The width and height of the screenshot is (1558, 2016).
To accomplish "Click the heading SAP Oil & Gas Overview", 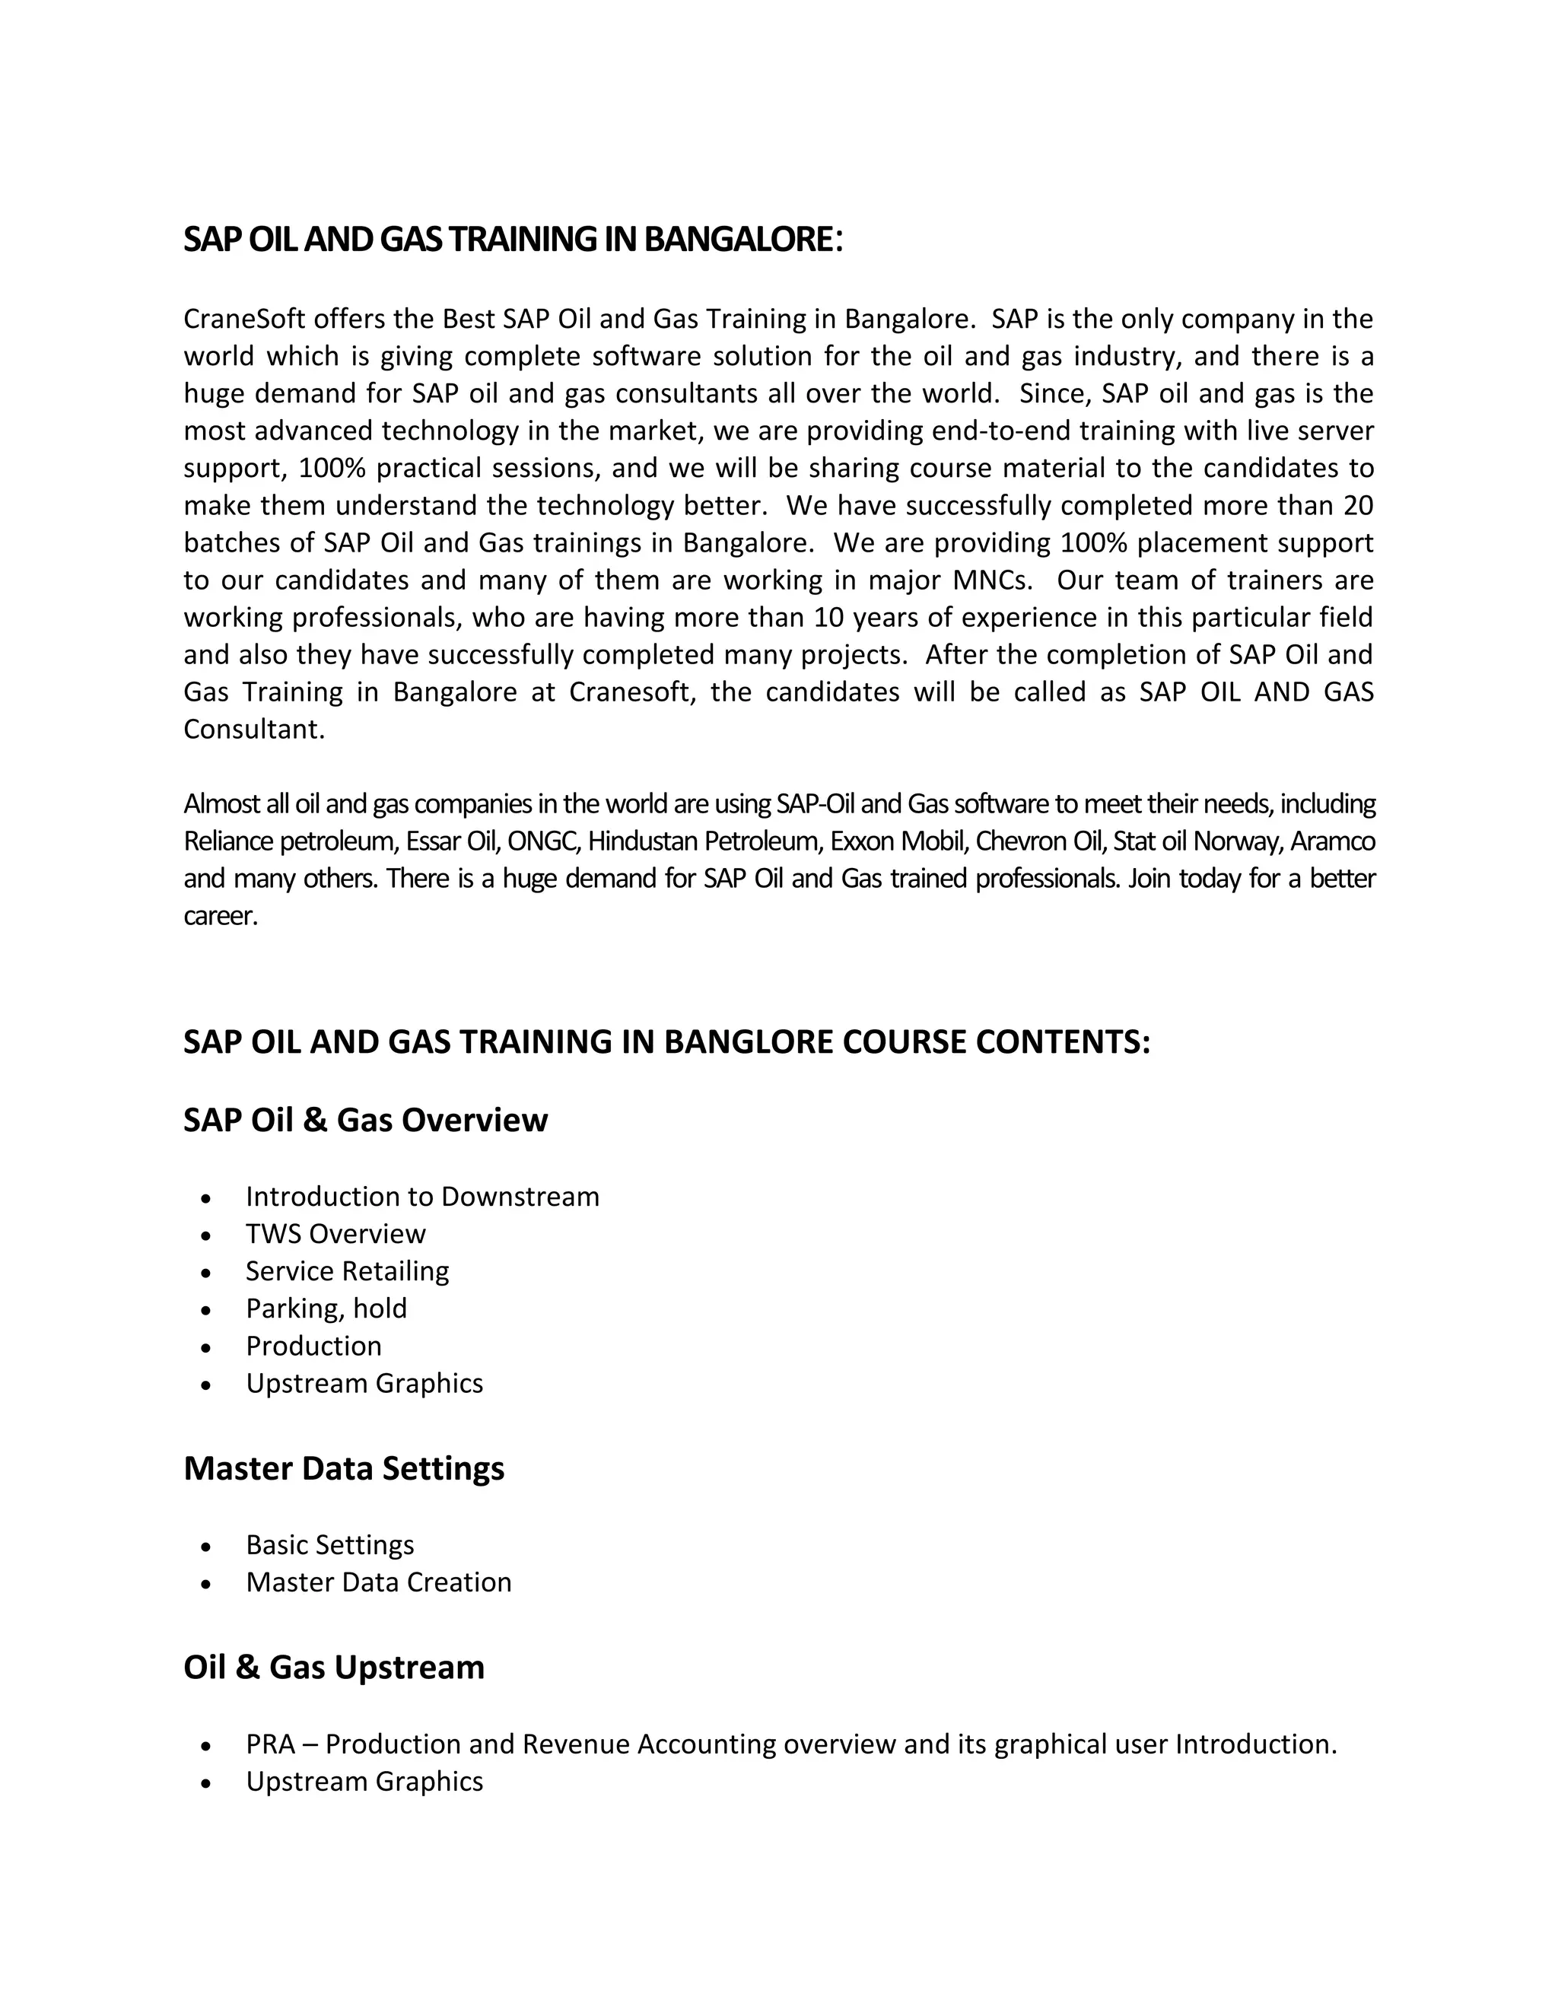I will [365, 1120].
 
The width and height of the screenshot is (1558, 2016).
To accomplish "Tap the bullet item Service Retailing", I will [347, 1271].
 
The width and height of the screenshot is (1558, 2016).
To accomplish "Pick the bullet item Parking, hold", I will [326, 1309].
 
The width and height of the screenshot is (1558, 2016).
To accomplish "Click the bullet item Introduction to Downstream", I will [421, 1197].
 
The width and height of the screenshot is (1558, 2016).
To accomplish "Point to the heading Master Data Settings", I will [343, 1468].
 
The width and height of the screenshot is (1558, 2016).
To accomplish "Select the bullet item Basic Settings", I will [329, 1545].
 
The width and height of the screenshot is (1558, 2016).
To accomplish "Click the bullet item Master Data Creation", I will [377, 1582].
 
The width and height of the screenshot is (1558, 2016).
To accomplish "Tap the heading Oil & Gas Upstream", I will [333, 1667].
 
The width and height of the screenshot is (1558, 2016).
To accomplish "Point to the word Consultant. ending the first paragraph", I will [254, 730].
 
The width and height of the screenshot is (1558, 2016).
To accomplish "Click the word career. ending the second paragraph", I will [220, 917].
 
